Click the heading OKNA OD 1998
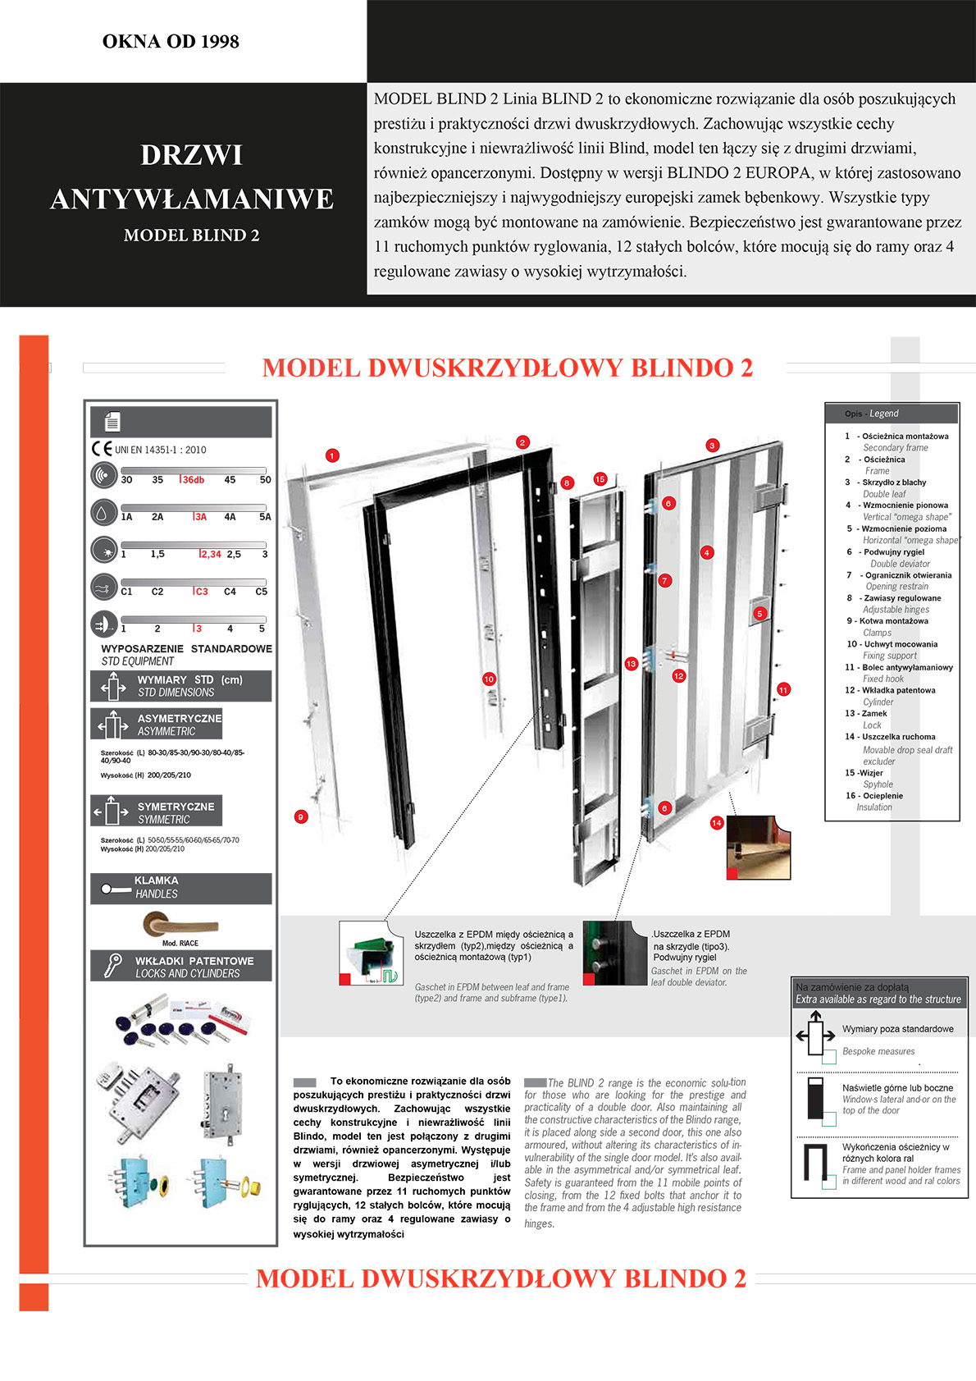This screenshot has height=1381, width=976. pos(171,42)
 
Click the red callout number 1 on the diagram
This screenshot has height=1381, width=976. pos(332,455)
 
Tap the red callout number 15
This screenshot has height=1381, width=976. pos(600,479)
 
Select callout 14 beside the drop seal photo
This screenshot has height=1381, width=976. pos(717,822)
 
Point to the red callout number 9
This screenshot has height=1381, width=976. pos(301,816)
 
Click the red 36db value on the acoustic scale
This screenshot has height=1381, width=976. pos(193,480)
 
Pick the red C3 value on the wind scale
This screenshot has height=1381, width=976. pos(201,592)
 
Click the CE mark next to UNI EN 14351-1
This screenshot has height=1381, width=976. pos(102,449)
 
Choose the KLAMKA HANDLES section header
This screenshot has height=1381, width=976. pos(180,887)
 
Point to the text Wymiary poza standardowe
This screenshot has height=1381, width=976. pos(897,1029)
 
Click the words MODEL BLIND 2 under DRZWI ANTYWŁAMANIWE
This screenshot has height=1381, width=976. pos(191,236)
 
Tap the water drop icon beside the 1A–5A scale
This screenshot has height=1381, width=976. pos(103,512)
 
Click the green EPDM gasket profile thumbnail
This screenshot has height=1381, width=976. pos(372,953)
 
